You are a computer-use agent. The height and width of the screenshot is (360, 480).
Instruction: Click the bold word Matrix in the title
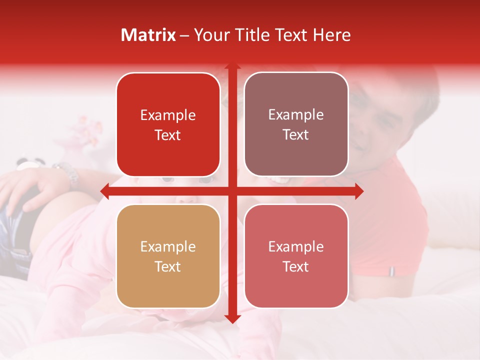[x=148, y=35]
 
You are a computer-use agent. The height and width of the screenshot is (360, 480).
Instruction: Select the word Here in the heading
[x=331, y=35]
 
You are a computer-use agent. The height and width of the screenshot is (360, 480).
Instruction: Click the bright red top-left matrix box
[x=168, y=124]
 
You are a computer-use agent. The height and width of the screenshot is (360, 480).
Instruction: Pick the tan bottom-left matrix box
[x=168, y=256]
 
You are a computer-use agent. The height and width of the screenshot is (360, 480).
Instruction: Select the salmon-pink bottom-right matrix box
[x=296, y=256]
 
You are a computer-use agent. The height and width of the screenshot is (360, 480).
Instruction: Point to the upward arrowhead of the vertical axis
[x=232, y=67]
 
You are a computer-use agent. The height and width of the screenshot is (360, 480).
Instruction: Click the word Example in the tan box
[x=168, y=246]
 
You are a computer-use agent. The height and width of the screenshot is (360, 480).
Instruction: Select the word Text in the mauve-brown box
[x=296, y=134]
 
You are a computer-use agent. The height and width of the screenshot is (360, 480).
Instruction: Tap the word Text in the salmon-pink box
[x=296, y=266]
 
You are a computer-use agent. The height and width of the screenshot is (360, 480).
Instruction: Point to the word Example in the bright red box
[x=168, y=115]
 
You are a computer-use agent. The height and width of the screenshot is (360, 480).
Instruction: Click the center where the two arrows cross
[x=232, y=191]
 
